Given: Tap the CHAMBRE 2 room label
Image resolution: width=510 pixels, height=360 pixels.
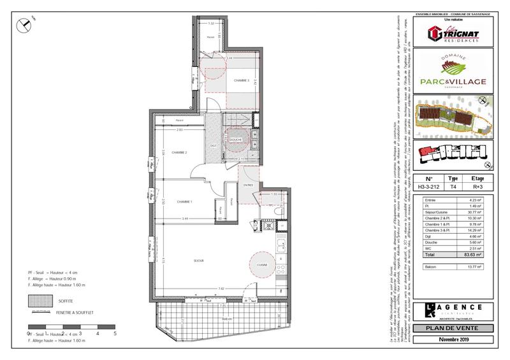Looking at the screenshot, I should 178,152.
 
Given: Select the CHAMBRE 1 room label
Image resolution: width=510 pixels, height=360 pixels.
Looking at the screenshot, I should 185,202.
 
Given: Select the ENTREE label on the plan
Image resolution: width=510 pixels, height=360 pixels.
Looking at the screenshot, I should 247,185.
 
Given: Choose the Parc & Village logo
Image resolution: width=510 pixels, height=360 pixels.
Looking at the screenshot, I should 454,75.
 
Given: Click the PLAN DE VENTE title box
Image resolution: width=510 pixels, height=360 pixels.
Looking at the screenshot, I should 454,329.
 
